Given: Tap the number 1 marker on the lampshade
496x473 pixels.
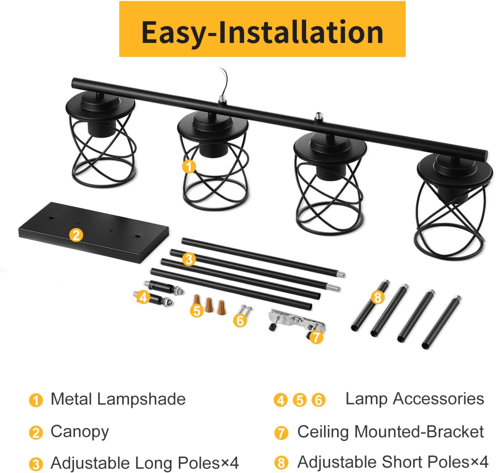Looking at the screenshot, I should pyautogui.click(x=189, y=166).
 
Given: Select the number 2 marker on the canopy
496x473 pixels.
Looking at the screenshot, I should pyautogui.click(x=76, y=235).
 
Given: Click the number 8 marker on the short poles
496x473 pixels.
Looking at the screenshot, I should pyautogui.click(x=377, y=298).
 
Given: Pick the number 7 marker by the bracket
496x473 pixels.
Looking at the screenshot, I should pyautogui.click(x=316, y=337).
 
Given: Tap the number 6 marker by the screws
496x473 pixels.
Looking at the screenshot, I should pyautogui.click(x=240, y=321).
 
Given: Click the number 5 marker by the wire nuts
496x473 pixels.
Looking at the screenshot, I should pyautogui.click(x=197, y=311).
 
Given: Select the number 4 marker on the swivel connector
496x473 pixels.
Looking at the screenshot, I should pyautogui.click(x=143, y=298).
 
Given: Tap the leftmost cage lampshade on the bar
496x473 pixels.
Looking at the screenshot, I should pyautogui.click(x=101, y=141).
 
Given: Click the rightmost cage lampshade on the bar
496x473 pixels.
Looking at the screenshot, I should pyautogui.click(x=453, y=209).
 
